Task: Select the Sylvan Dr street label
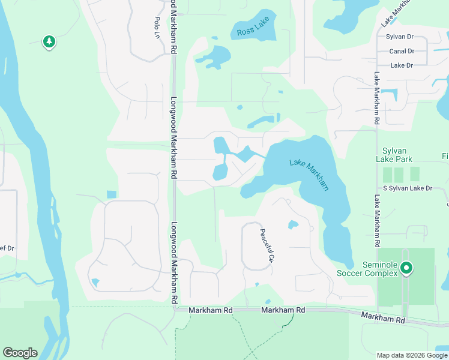[x=401, y=37]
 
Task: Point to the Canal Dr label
[x=402, y=51]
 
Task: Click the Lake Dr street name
[x=401, y=65]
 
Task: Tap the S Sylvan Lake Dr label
[x=403, y=188]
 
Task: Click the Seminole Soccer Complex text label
[x=381, y=269]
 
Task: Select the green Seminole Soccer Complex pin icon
[x=406, y=268]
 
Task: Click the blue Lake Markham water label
[x=309, y=174]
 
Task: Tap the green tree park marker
[x=49, y=41]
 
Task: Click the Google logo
[x=20, y=353]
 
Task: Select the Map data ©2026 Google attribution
[x=411, y=355]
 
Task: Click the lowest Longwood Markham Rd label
[x=174, y=262]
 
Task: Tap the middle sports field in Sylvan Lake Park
[x=400, y=175]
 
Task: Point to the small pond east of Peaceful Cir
[x=292, y=225]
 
